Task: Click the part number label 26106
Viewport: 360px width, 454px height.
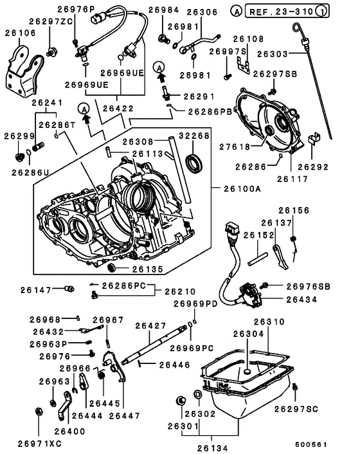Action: click(x=21, y=33)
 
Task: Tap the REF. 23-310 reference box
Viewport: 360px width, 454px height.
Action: click(x=287, y=11)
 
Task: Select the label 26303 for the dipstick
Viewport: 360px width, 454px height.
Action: click(x=273, y=54)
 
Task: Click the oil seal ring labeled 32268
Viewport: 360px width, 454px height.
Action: click(x=194, y=163)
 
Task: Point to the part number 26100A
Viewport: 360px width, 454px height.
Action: click(x=242, y=189)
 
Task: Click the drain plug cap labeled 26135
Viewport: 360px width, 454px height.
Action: click(x=111, y=268)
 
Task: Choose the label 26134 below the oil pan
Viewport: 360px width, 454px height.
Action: click(x=212, y=448)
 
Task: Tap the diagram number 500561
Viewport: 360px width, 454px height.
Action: click(x=311, y=444)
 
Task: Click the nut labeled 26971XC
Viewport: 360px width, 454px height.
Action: click(x=38, y=411)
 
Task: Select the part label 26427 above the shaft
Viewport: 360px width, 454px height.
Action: click(x=151, y=326)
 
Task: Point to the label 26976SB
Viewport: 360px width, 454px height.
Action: click(x=308, y=286)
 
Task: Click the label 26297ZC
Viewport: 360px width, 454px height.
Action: click(x=51, y=21)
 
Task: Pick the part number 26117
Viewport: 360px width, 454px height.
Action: click(x=292, y=179)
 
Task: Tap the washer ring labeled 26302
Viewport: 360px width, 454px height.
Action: click(x=198, y=394)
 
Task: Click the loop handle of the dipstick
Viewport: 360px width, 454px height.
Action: click(x=296, y=27)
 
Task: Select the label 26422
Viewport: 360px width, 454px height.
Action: click(x=118, y=108)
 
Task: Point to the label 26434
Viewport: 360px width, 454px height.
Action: click(x=301, y=300)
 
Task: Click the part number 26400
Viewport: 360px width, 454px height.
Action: click(x=69, y=431)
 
